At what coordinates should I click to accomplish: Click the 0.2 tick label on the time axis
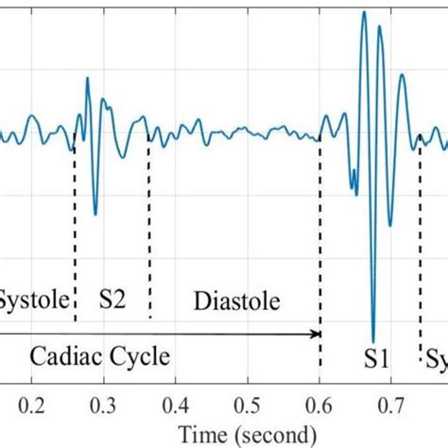pyautogui.click(x=31, y=406)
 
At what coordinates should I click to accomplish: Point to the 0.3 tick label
pyautogui.click(x=103, y=406)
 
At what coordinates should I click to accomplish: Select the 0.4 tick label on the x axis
pyautogui.click(x=176, y=406)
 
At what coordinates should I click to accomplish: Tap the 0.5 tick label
pyautogui.click(x=248, y=406)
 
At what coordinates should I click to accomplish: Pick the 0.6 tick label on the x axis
pyautogui.click(x=320, y=406)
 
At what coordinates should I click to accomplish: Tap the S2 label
pyautogui.click(x=112, y=302)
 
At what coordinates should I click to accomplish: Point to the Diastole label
pyautogui.click(x=237, y=302)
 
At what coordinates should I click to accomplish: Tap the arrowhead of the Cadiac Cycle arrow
pyautogui.click(x=317, y=333)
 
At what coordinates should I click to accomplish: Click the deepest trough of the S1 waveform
pyautogui.click(x=373, y=341)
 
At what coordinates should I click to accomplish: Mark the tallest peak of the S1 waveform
pyautogui.click(x=364, y=12)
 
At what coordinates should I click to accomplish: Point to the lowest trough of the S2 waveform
pyautogui.click(x=95, y=214)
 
